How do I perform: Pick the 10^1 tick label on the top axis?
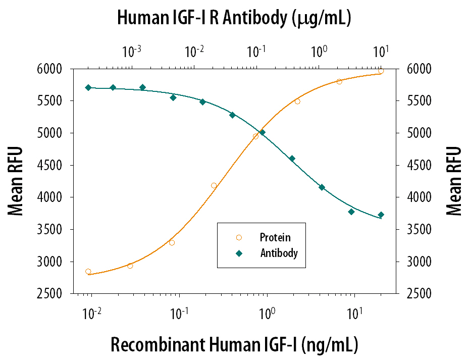(x=380, y=52)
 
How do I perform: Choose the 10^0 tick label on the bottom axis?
(x=267, y=314)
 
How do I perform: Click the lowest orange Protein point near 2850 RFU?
(x=88, y=272)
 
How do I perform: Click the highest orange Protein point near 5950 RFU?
(x=381, y=71)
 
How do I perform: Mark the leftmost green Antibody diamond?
(x=88, y=87)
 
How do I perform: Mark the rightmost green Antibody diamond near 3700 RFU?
(x=381, y=215)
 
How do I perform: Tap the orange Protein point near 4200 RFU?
(x=214, y=185)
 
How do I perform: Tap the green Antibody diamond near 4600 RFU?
(x=292, y=159)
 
